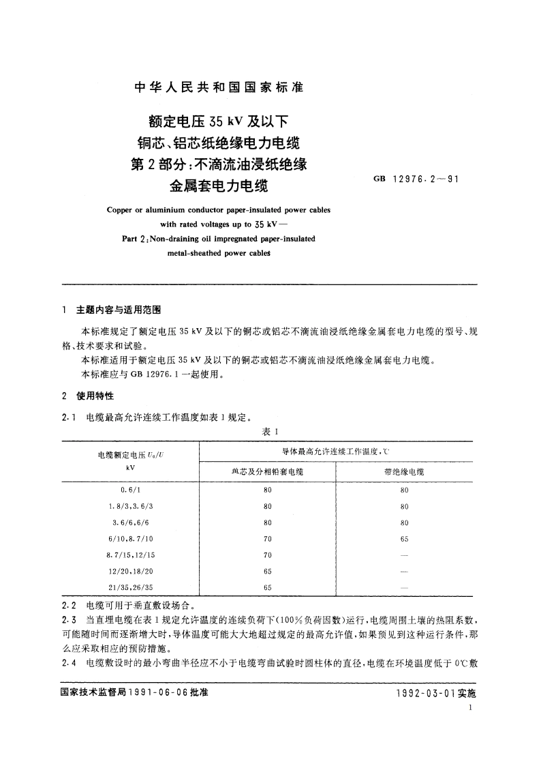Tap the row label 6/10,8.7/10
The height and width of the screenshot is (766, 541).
click(x=130, y=538)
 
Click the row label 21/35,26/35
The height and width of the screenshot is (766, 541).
click(x=130, y=586)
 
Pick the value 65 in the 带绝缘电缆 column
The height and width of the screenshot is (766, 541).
click(x=404, y=538)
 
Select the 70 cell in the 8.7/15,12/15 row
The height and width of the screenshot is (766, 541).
click(x=267, y=555)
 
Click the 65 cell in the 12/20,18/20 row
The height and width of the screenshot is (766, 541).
click(x=267, y=570)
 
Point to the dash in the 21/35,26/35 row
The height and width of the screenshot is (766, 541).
click(x=404, y=586)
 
